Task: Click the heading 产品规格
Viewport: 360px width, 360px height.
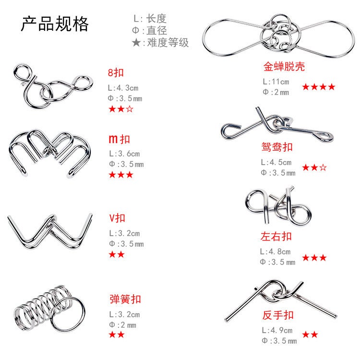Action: pyautogui.click(x=54, y=24)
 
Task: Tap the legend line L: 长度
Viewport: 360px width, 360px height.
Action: pyautogui.click(x=149, y=19)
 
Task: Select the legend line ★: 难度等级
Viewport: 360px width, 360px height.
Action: pyautogui.click(x=160, y=43)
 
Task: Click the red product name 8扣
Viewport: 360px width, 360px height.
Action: pyautogui.click(x=116, y=73)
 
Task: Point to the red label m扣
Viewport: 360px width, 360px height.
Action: pyautogui.click(x=119, y=140)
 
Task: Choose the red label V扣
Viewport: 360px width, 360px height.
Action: pyautogui.click(x=117, y=218)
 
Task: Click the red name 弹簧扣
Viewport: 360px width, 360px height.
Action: pyautogui.click(x=125, y=299)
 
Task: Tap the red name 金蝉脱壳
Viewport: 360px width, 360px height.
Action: pyautogui.click(x=284, y=66)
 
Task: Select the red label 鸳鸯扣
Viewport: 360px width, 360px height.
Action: pyautogui.click(x=277, y=147)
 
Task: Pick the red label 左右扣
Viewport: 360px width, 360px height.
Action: pyautogui.click(x=276, y=236)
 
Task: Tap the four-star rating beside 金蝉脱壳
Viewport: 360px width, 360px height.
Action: pyautogui.click(x=319, y=87)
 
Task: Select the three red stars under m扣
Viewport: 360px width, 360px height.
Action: pyautogui.click(x=121, y=175)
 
